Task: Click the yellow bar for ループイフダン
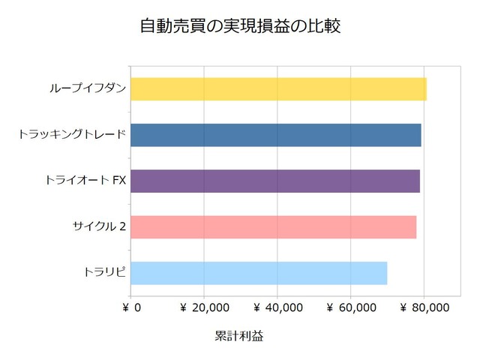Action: pos(278,89)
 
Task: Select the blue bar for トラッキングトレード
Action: pos(275,135)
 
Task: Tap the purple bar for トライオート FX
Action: pos(274,181)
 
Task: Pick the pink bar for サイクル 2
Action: pos(273,226)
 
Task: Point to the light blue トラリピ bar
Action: pos(259,273)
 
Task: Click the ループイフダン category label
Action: pos(87,89)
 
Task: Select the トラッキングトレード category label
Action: pos(71,135)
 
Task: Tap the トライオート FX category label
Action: pos(85,181)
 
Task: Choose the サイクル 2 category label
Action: pos(98,226)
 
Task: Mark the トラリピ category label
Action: pos(104,273)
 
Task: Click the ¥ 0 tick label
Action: pos(131,307)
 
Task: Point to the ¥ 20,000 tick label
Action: pos(204,307)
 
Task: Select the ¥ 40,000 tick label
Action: pos(277,307)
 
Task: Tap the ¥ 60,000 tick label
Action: pos(351,307)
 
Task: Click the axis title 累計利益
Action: pos(239,336)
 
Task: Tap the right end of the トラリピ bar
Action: pos(386,273)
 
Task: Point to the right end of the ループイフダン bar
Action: pos(426,89)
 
